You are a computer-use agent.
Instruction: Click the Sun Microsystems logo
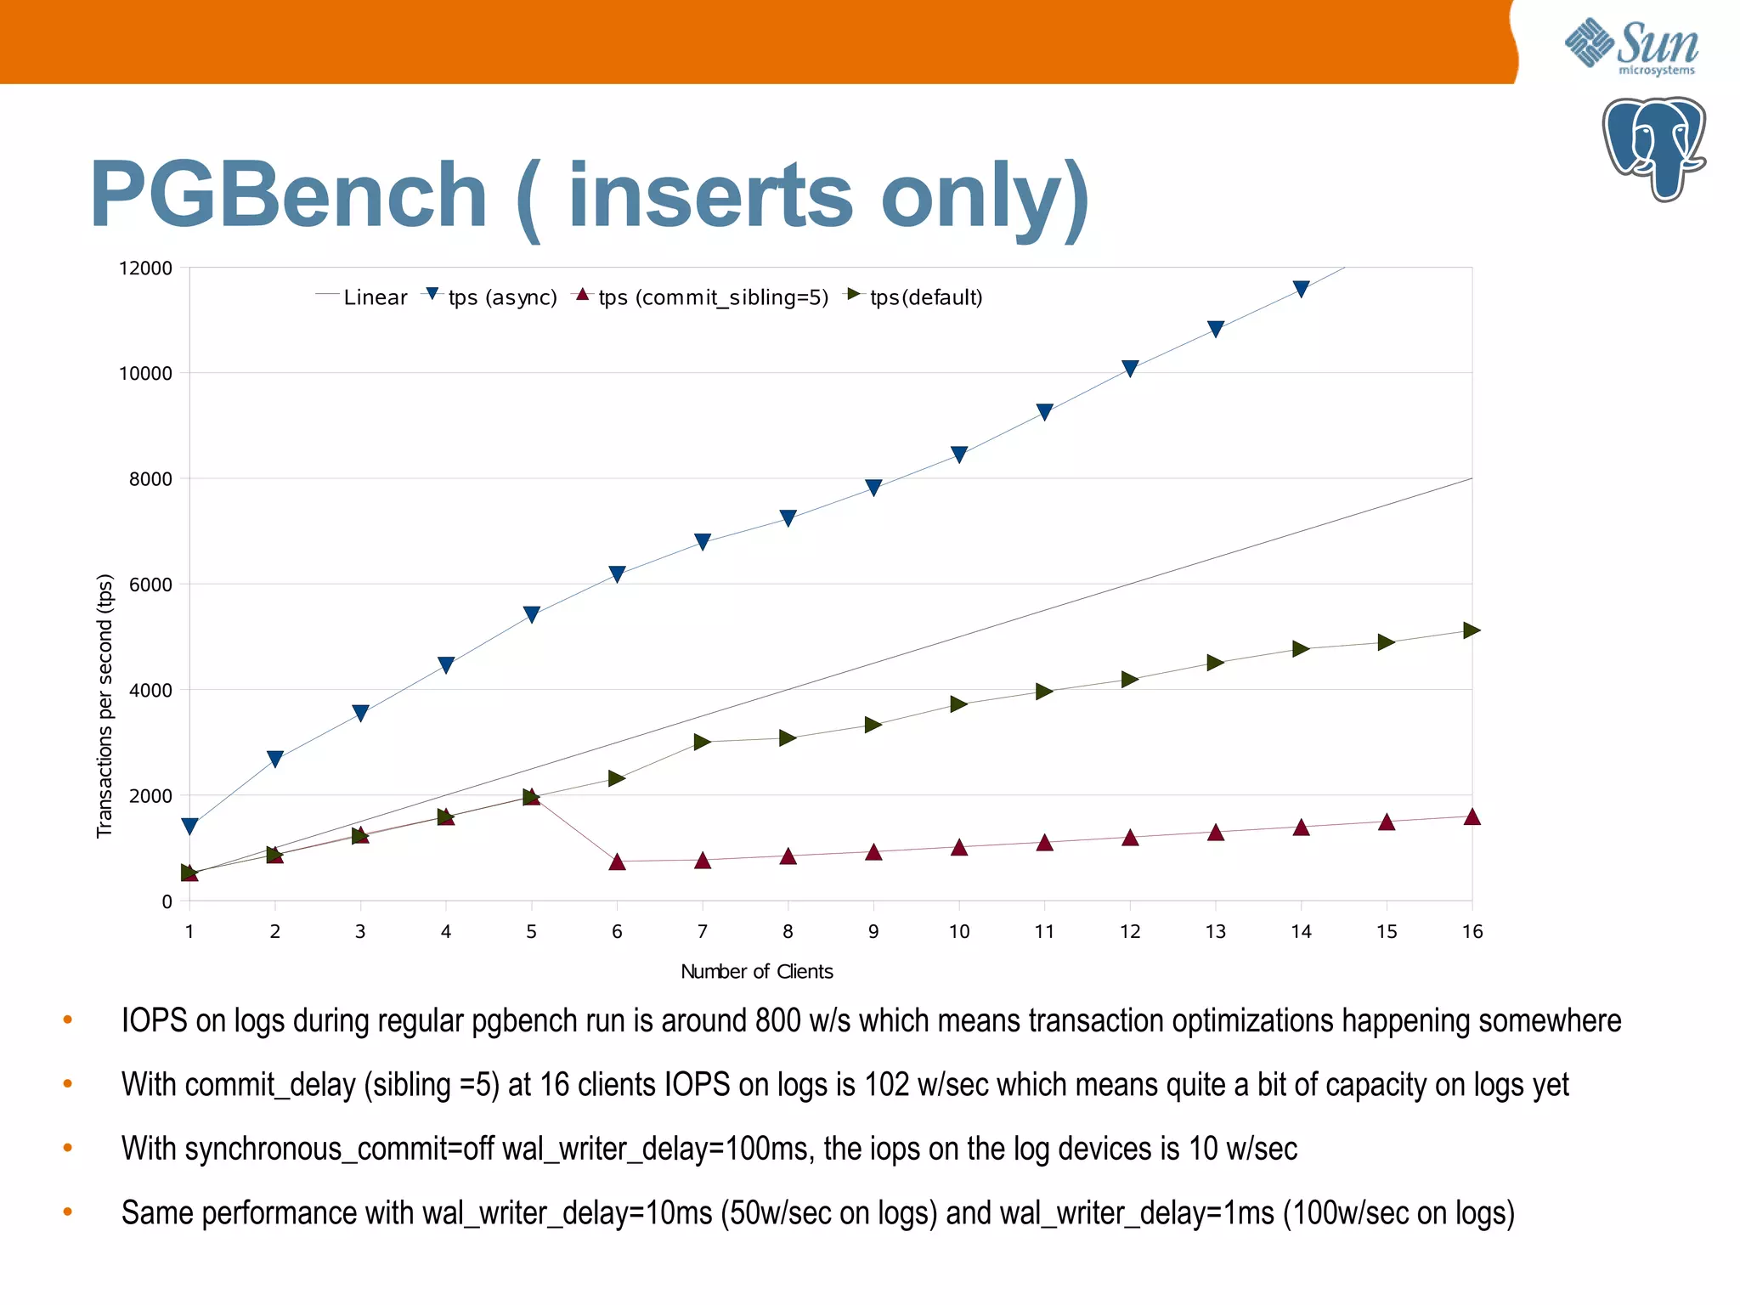(1631, 47)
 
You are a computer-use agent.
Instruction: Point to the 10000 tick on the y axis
(145, 373)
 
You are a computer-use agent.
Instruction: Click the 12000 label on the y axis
(145, 268)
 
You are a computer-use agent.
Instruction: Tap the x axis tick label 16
(1472, 931)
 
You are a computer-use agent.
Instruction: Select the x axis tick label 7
(702, 931)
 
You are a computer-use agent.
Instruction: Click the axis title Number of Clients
(756, 971)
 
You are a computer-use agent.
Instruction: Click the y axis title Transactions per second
(105, 705)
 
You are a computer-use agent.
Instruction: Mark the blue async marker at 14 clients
(1301, 290)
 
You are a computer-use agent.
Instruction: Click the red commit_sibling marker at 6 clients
(617, 862)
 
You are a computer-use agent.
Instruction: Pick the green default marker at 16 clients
(1472, 630)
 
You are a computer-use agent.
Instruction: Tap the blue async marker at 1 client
(190, 826)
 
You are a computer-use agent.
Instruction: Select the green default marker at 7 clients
(702, 742)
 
